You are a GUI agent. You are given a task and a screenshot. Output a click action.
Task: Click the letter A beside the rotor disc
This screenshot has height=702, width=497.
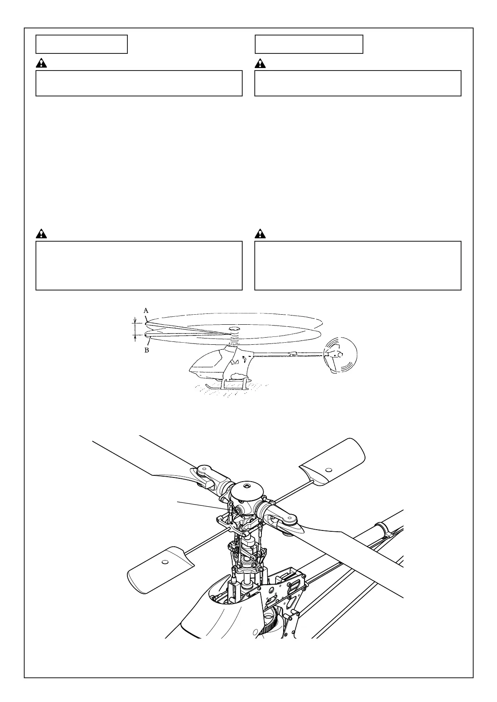146,311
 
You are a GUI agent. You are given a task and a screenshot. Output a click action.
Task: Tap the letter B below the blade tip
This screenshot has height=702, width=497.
147,350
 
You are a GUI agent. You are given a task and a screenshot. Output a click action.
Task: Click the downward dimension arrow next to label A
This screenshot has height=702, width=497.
135,321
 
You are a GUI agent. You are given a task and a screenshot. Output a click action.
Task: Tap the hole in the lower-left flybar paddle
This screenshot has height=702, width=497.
165,562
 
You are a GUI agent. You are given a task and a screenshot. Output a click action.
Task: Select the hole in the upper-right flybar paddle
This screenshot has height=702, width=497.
328,470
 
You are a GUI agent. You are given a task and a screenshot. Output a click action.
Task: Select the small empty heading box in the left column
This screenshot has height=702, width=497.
81,44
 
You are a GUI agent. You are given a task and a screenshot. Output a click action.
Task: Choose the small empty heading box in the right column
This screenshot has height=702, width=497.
309,44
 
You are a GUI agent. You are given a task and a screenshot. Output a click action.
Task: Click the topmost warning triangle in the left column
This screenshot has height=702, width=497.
41,63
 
